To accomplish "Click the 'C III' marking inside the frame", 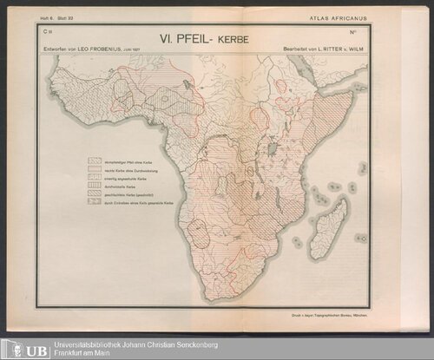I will [46, 31].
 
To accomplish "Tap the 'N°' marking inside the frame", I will [354, 32].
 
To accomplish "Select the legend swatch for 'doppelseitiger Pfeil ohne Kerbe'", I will [95, 160].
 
